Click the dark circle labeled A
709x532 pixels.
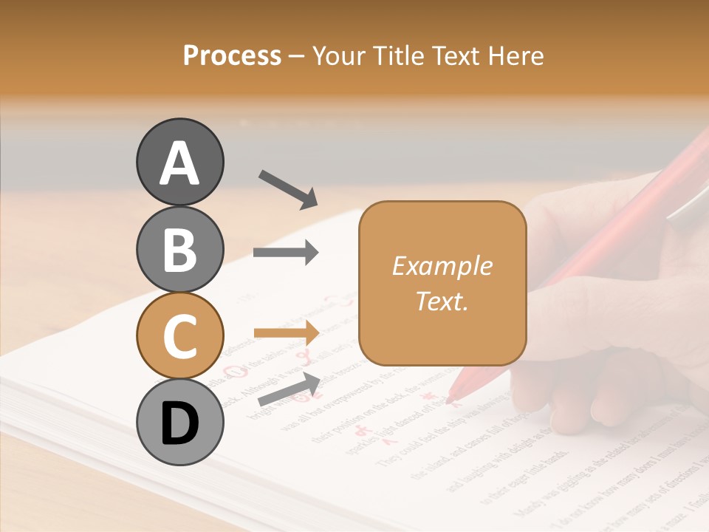[179, 162]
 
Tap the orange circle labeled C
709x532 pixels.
[179, 335]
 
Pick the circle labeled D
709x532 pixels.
[179, 422]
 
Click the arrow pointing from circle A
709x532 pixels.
[287, 189]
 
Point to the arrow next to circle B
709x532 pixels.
[286, 253]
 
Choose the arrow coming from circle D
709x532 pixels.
[289, 389]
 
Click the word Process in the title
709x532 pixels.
[232, 55]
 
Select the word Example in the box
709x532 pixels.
[442, 266]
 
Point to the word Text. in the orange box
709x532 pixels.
[442, 301]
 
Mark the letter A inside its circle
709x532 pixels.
[179, 163]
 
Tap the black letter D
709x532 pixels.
[179, 423]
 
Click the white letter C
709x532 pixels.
[179, 336]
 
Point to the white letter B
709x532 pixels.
[179, 250]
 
